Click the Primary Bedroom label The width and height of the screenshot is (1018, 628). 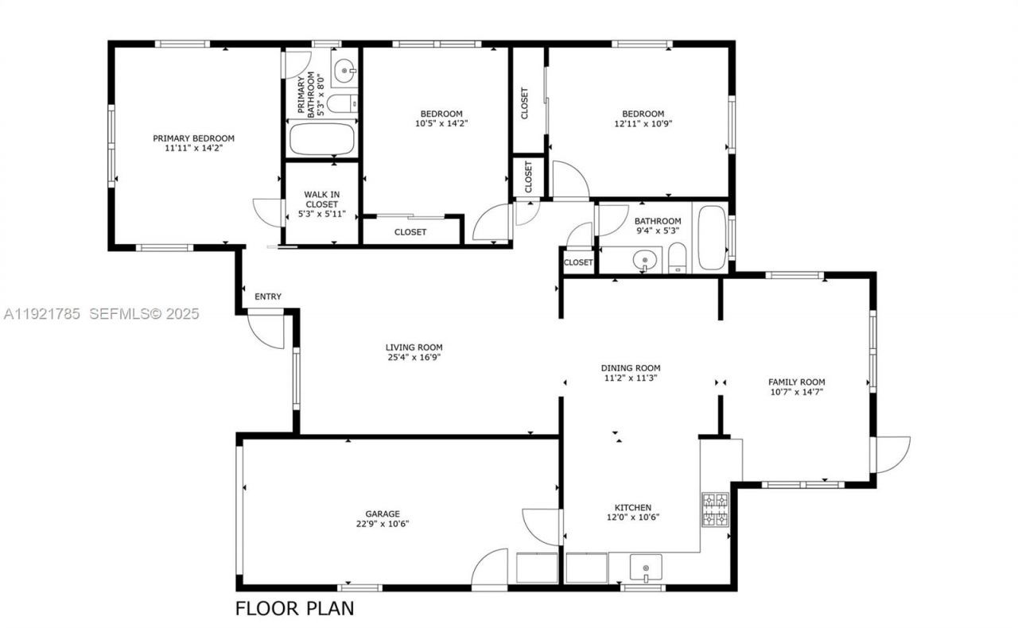(193, 138)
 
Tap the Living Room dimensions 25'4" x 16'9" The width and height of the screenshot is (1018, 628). (414, 358)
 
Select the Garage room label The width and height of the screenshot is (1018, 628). (383, 514)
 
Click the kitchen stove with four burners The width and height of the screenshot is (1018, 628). (714, 510)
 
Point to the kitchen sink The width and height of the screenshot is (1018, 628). (645, 569)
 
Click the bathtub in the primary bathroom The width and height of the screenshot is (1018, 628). (321, 139)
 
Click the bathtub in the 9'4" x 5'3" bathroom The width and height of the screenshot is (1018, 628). (712, 238)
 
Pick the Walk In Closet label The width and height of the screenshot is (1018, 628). (321, 204)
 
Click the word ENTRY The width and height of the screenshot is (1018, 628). (268, 297)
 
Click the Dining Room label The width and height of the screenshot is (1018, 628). (630, 368)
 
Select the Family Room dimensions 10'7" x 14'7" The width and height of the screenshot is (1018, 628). (796, 392)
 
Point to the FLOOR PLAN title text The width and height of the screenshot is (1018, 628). (294, 609)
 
